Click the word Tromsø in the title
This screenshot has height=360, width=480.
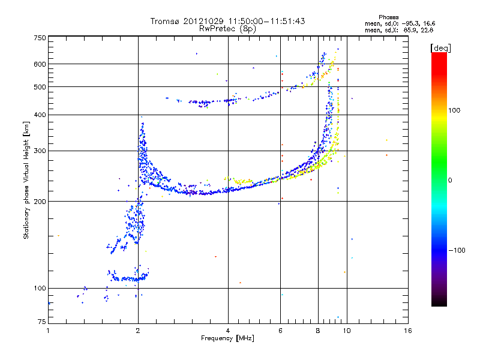[x=169, y=21]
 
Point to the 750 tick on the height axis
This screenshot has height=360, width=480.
[x=40, y=38]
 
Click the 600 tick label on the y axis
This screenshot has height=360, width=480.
[x=40, y=64]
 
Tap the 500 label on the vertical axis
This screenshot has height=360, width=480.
[x=40, y=87]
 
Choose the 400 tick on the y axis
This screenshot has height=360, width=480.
[x=40, y=115]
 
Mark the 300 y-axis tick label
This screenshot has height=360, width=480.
[x=40, y=151]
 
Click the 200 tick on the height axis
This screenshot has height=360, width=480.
[x=40, y=202]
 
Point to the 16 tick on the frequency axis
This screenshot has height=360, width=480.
[x=407, y=331]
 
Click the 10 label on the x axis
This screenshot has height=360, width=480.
[x=347, y=331]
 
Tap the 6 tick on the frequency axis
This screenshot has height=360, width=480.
[x=280, y=331]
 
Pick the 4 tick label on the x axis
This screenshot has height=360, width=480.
[x=228, y=331]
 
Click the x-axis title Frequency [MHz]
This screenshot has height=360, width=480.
[x=227, y=338]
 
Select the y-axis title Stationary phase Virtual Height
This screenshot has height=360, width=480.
[x=26, y=180]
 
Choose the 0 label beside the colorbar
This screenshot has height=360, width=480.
[x=451, y=180]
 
